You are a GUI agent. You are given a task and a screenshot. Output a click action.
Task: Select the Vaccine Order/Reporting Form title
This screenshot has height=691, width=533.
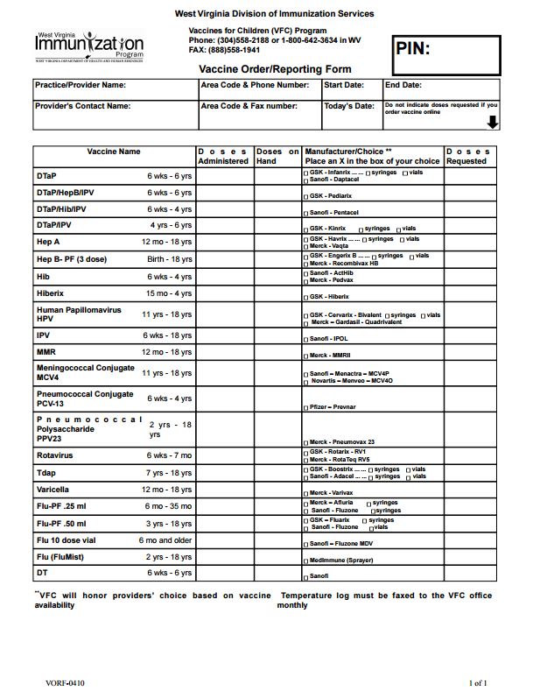275,69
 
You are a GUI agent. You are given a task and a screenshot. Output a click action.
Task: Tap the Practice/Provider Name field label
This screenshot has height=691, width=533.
80,86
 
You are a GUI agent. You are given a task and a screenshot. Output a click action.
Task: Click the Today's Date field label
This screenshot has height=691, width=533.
348,106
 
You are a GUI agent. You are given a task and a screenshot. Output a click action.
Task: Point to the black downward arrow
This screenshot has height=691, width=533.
492,123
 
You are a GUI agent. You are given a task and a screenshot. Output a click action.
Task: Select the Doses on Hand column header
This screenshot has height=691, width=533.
277,156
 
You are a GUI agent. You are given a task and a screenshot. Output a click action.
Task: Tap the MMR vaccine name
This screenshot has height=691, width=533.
46,352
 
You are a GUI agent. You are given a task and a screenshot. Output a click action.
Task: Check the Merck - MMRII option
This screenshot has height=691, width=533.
330,356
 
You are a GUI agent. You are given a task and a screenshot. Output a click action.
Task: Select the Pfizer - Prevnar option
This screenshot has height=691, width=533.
330,407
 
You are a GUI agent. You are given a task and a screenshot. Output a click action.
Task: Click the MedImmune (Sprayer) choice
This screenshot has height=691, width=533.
343,558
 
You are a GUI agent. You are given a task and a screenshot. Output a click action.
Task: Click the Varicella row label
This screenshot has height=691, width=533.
54,490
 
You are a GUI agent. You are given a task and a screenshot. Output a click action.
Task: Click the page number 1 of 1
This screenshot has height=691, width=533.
478,682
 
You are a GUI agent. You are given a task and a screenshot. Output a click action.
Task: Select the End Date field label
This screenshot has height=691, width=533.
403,86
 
